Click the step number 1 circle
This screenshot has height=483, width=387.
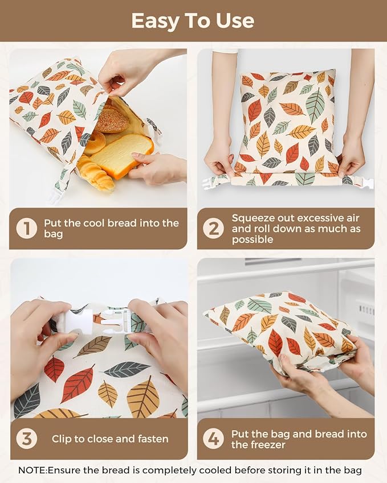pyautogui.click(x=27, y=228)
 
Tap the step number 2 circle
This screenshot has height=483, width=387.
pyautogui.click(x=214, y=228)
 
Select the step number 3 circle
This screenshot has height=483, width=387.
pyautogui.click(x=27, y=439)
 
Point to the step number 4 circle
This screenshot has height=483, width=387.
pyautogui.click(x=214, y=439)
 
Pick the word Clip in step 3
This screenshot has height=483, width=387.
pyautogui.click(x=62, y=439)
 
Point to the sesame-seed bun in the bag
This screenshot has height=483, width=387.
pyautogui.click(x=112, y=120)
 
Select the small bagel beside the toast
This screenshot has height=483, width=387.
pyautogui.click(x=95, y=143)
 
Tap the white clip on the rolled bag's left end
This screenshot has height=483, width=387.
pyautogui.click(x=210, y=183)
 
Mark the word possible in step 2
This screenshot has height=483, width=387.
pyautogui.click(x=252, y=240)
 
